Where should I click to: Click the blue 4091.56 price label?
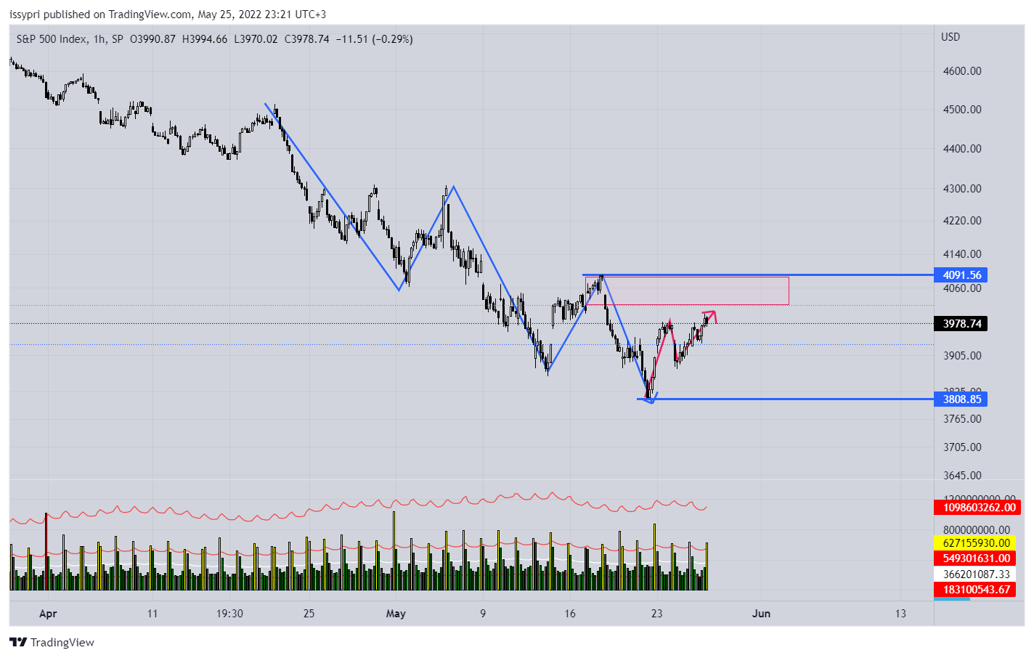961,275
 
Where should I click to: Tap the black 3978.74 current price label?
961,324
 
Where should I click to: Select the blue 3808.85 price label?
961,399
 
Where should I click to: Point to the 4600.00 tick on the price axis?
962,71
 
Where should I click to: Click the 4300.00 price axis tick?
962,189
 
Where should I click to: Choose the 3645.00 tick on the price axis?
962,476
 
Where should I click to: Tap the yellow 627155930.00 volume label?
976,543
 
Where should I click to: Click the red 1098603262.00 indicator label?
979,508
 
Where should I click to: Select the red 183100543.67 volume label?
976,590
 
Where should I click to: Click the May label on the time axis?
396,614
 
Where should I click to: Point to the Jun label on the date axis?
761,614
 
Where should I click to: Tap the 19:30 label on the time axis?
229,614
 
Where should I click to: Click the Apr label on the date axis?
48,614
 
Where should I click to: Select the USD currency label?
950,37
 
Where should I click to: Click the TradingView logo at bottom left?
52,643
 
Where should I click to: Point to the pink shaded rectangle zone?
687,291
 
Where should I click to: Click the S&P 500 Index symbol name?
52,39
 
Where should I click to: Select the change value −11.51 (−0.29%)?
374,39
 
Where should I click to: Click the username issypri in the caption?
25,15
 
